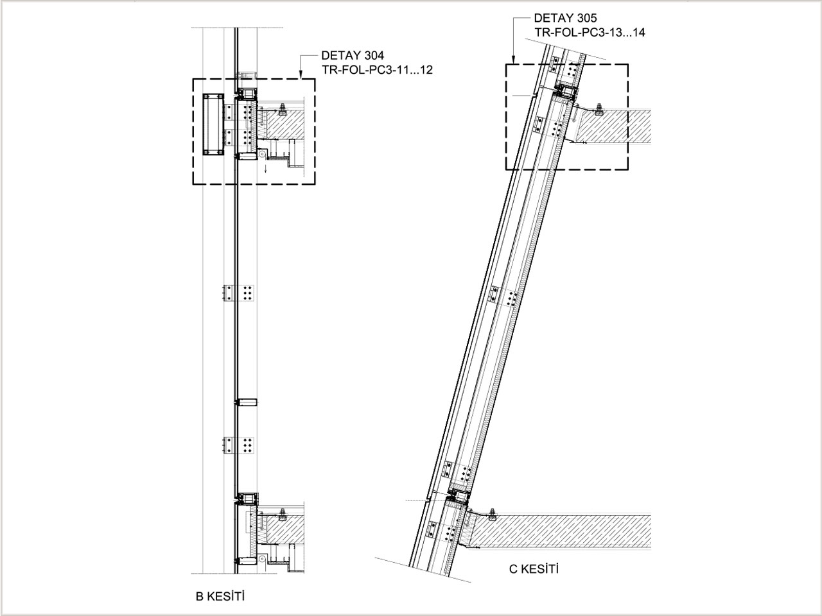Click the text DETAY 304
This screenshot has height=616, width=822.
point(353,56)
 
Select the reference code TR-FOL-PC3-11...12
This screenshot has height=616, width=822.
point(377,70)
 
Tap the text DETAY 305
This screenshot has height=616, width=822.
point(565,18)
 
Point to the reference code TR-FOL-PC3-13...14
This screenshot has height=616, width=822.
point(590,33)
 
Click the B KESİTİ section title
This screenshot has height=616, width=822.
point(220,596)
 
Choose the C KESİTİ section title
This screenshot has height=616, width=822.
point(534,569)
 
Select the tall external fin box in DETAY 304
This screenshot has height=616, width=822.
point(213,124)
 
